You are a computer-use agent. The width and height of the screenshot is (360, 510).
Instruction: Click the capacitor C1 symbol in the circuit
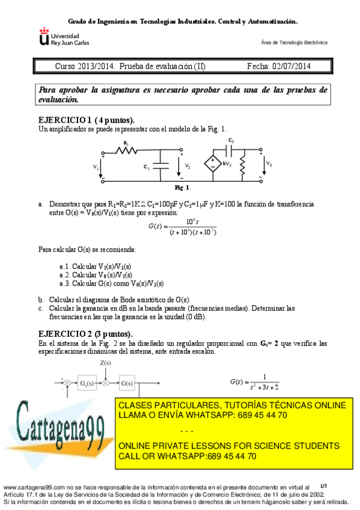[160, 167]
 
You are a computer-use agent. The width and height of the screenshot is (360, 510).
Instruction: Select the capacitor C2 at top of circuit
[231, 148]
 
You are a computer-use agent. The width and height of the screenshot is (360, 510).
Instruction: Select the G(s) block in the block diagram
[126, 382]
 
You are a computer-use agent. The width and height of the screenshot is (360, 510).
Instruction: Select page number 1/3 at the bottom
[323, 485]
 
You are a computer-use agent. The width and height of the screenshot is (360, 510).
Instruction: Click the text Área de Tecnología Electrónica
[294, 43]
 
